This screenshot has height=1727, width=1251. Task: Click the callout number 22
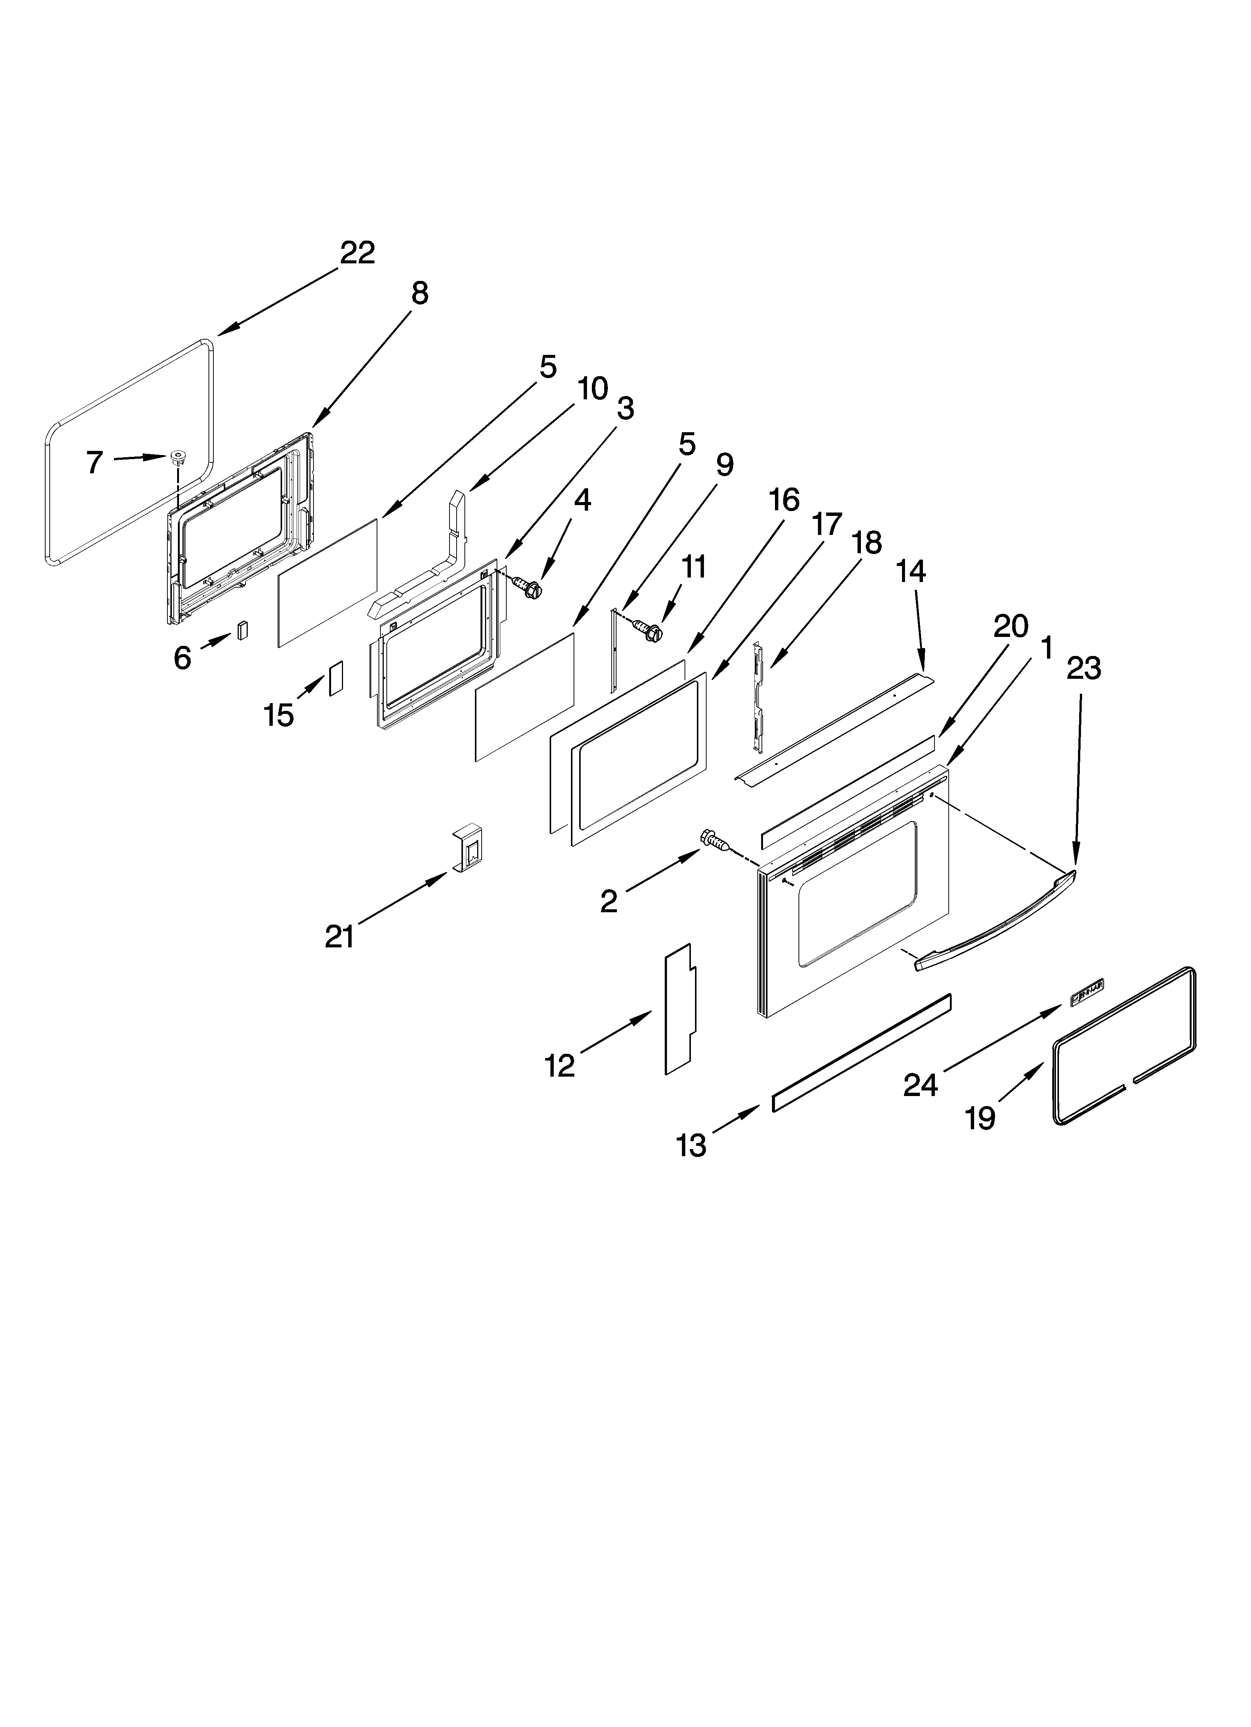(357, 253)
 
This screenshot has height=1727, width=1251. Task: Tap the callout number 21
(340, 936)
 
